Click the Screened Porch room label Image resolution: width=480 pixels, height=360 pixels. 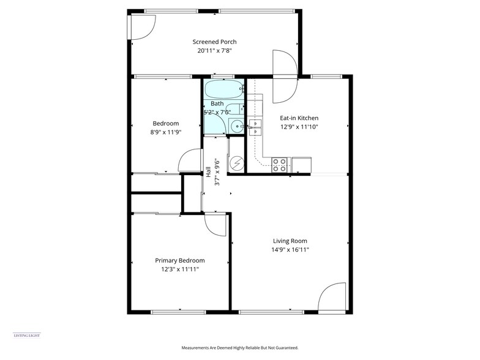pos(214,42)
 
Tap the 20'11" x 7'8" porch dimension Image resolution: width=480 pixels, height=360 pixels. pos(214,51)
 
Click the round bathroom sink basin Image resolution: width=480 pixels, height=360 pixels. pos(236,127)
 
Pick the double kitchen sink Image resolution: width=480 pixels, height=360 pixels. pos(255,127)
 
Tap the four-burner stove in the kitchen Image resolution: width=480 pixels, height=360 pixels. pos(279,164)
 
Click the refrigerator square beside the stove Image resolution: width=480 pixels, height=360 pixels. pos(301,165)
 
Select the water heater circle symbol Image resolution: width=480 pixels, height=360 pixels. pos(236,163)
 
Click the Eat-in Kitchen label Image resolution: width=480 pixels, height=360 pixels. pos(299,118)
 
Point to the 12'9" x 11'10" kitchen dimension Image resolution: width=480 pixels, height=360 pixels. pos(299,127)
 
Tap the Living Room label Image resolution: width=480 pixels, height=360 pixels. pos(290,241)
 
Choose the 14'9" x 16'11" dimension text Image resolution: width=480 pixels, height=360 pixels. pos(290,250)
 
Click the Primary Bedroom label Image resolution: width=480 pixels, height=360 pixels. pos(179,260)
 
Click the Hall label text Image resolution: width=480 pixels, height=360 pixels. pos(209,172)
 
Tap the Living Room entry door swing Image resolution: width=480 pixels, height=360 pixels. pos(332,298)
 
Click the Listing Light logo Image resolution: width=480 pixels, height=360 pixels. pos(26,336)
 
